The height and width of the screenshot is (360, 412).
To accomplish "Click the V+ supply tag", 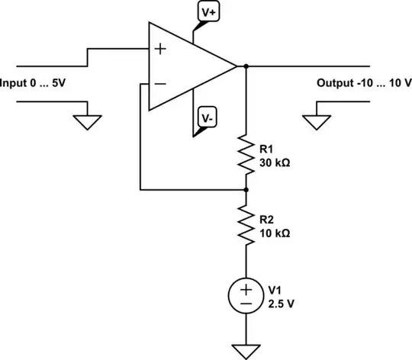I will (208, 12).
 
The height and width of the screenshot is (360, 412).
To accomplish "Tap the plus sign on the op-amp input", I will (161, 50).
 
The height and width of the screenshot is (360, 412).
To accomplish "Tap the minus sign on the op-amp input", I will (161, 83).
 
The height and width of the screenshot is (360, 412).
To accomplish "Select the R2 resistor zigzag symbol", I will (246, 226).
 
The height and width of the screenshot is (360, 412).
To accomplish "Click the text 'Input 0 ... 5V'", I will (33, 82).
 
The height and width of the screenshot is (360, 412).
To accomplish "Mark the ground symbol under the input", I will (89, 120).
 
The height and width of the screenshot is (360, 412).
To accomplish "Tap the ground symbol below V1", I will (246, 349).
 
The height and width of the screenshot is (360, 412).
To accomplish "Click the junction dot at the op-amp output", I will (246, 66).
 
